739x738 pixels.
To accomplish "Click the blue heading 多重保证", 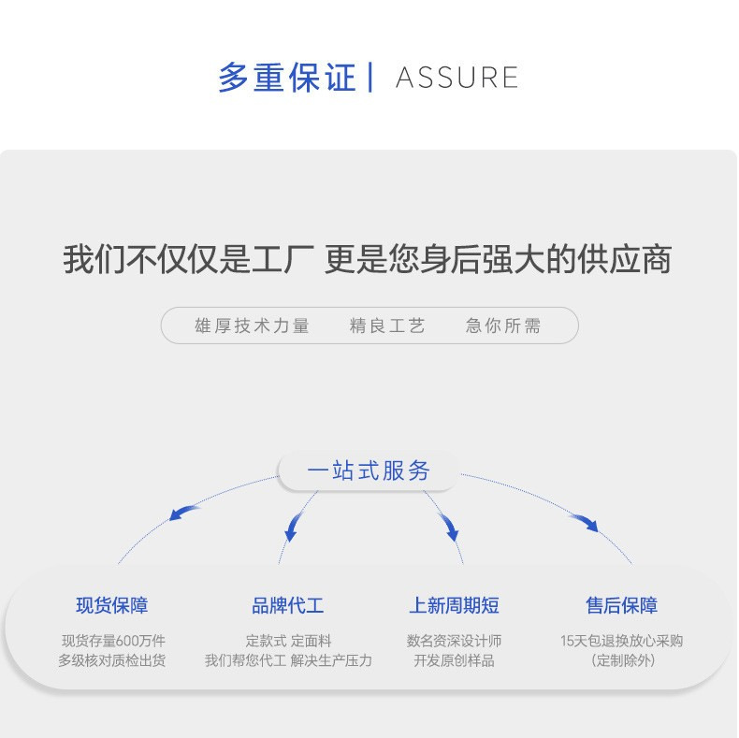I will (x=287, y=78).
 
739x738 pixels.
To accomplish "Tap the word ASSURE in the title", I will (x=456, y=78).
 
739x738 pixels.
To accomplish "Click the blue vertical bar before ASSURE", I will (x=371, y=77).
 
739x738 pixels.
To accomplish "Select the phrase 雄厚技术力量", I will (x=252, y=326).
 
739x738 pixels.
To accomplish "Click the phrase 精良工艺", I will (x=387, y=326).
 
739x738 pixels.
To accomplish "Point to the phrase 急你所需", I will (x=503, y=326).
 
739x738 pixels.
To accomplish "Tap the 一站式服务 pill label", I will (x=369, y=470).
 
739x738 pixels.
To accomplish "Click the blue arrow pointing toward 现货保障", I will (x=184, y=512).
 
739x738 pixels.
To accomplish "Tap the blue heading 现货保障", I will (x=112, y=605).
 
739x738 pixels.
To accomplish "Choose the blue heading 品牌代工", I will (x=288, y=605).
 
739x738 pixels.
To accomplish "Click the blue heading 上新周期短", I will (x=454, y=605).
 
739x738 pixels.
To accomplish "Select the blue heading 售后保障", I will (x=621, y=605).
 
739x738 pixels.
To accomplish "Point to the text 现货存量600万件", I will (x=113, y=641).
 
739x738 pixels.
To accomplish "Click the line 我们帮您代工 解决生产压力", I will (x=288, y=660).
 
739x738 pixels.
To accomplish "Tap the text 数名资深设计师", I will (x=454, y=641).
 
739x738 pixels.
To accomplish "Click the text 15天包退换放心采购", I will (x=621, y=641).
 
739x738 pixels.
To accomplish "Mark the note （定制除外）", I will (x=622, y=660).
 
